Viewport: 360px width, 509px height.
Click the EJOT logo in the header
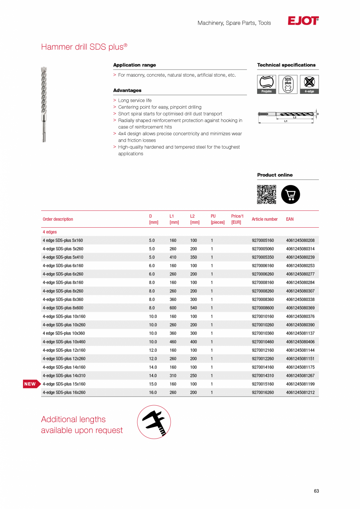pos(303,21)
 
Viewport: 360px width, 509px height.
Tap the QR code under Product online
pos(266,194)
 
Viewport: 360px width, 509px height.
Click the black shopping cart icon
pos(290,194)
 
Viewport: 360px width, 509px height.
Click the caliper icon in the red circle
pos(154,422)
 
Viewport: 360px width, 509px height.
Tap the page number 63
pos(316,491)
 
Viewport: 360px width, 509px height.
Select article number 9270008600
pos(263,308)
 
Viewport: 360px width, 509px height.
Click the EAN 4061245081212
pos(300,392)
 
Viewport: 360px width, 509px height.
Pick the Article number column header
pos(265,219)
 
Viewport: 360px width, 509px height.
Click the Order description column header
pos(58,219)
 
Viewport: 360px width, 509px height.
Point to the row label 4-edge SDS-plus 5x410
pos(63,257)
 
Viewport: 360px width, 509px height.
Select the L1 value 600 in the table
pos(173,308)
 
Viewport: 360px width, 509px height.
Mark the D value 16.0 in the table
pos(153,392)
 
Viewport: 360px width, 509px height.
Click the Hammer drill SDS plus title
pos(84,47)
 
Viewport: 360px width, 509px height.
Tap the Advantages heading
pos(127,90)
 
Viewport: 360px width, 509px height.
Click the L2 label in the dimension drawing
pos(295,117)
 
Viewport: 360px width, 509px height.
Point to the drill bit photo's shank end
pos(44,133)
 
